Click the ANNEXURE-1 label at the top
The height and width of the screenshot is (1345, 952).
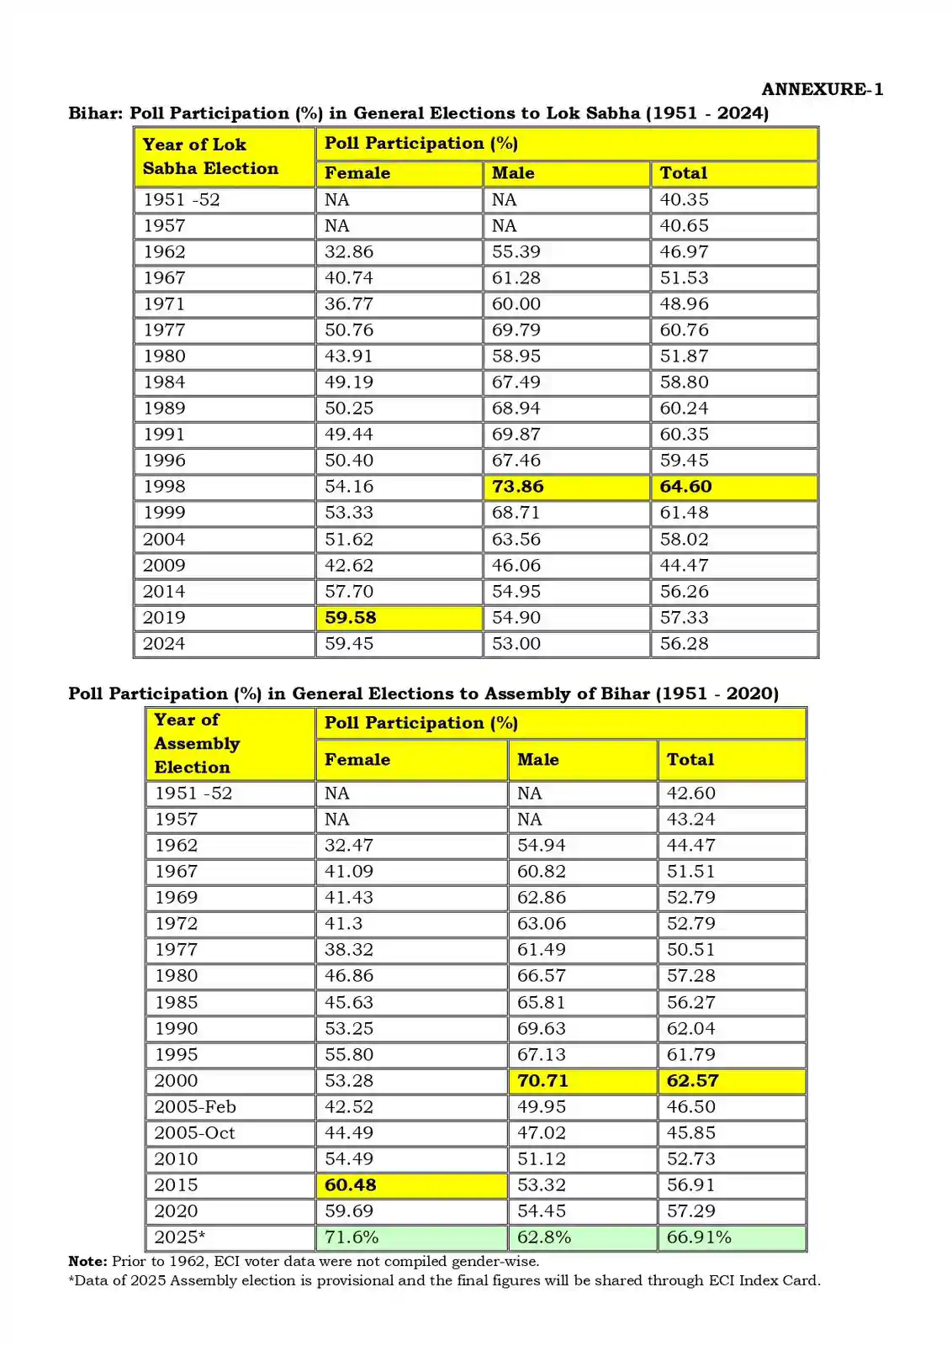(x=822, y=89)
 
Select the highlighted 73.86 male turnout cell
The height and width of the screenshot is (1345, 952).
(x=518, y=487)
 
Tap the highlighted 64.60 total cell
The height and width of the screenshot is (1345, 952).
(x=685, y=487)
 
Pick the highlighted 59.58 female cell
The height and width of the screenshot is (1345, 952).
(x=351, y=617)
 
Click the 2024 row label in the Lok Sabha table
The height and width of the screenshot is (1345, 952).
(x=164, y=643)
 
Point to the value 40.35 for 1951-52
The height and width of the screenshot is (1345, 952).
(x=684, y=199)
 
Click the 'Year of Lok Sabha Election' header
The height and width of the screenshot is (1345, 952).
(x=210, y=156)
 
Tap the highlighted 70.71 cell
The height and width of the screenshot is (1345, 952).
(x=542, y=1080)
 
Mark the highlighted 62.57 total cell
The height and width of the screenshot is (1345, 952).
(x=692, y=1080)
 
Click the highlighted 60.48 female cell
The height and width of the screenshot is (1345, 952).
(x=351, y=1184)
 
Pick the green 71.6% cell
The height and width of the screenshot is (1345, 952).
(x=352, y=1237)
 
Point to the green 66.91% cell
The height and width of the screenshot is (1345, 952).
(x=699, y=1237)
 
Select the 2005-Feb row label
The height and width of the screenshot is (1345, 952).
(x=195, y=1106)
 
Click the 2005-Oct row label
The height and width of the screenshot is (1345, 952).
(x=195, y=1132)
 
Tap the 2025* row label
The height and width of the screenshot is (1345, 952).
(x=180, y=1237)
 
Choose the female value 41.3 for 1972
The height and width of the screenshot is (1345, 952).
(x=344, y=923)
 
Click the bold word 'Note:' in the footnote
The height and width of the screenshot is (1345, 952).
(x=87, y=1261)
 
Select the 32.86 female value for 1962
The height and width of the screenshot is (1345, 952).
(x=349, y=251)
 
